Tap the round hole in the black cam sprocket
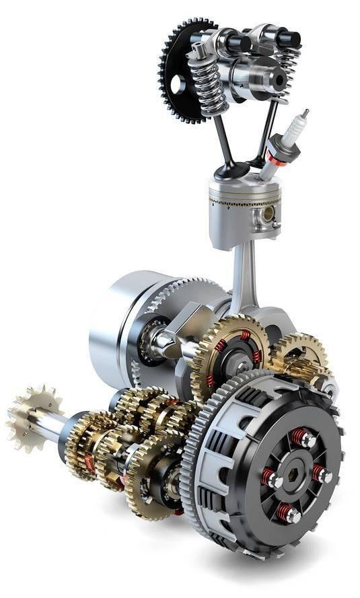tap(177, 85)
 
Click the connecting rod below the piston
tap(243, 276)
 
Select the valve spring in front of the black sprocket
tap(207, 84)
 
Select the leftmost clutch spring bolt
tap(271, 478)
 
